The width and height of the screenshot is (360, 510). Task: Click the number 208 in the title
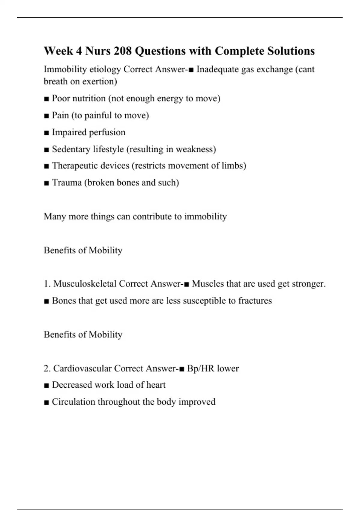point(123,51)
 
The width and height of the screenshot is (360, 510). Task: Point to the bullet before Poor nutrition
point(46,99)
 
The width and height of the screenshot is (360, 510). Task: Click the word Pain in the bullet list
point(60,115)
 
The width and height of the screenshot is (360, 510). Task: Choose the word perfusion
point(107,132)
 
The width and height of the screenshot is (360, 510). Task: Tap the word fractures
point(255,301)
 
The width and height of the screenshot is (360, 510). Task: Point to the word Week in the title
point(58,51)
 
